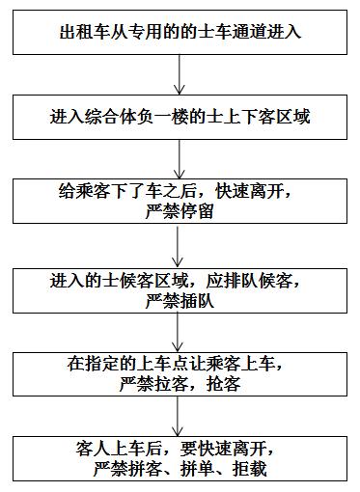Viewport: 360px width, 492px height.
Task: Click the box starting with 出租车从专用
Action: pyautogui.click(x=180, y=32)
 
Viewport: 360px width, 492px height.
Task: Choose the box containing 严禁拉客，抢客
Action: pyautogui.click(x=180, y=374)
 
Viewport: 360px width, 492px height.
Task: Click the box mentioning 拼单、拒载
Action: pyautogui.click(x=180, y=458)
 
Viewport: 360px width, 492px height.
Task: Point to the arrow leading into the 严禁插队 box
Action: pyautogui.click(x=180, y=246)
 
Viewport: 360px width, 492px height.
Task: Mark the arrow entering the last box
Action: pyautogui.click(x=180, y=416)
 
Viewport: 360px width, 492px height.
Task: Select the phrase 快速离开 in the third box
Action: pyautogui.click(x=244, y=191)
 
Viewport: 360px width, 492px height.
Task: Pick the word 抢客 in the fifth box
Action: pyautogui.click(x=225, y=384)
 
